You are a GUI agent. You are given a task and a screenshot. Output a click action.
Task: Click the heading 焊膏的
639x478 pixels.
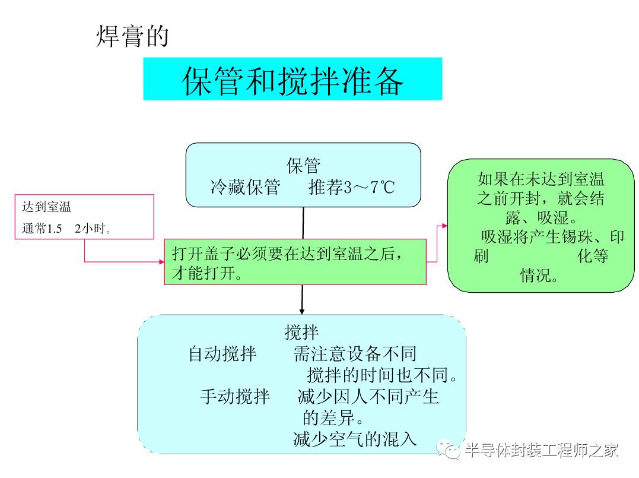pyautogui.click(x=132, y=36)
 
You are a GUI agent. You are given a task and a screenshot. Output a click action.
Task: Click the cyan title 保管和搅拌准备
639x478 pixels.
pyautogui.click(x=293, y=80)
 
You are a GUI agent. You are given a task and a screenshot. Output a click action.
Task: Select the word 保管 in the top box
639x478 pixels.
pyautogui.click(x=304, y=165)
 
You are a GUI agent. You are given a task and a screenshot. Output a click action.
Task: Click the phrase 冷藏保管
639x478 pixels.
pyautogui.click(x=245, y=188)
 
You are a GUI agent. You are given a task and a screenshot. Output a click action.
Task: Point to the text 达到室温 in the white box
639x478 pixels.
pyautogui.click(x=46, y=207)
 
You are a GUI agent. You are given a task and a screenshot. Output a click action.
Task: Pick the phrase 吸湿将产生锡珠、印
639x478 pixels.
pyautogui.click(x=552, y=237)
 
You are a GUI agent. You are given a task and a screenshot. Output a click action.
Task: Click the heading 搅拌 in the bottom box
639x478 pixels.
pyautogui.click(x=302, y=332)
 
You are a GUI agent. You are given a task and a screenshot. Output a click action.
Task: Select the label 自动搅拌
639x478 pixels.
pyautogui.click(x=222, y=354)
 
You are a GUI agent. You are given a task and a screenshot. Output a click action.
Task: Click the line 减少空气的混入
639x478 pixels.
pyautogui.click(x=355, y=439)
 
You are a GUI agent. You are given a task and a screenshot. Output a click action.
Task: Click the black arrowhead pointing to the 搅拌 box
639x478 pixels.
pyautogui.click(x=302, y=311)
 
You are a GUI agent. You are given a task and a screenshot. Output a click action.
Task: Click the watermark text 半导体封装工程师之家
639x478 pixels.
pyautogui.click(x=541, y=451)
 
